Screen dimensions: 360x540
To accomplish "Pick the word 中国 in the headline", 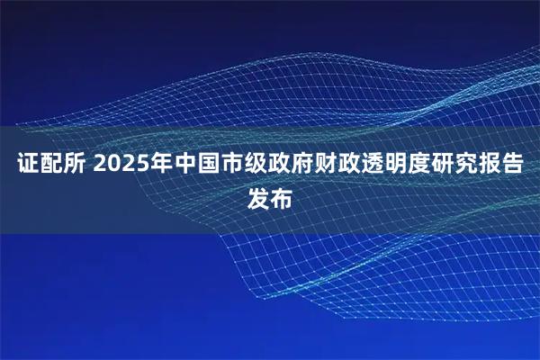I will [199, 166].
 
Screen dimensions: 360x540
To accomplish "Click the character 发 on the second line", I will [258, 198].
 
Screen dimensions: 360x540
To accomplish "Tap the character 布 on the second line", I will [282, 198].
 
